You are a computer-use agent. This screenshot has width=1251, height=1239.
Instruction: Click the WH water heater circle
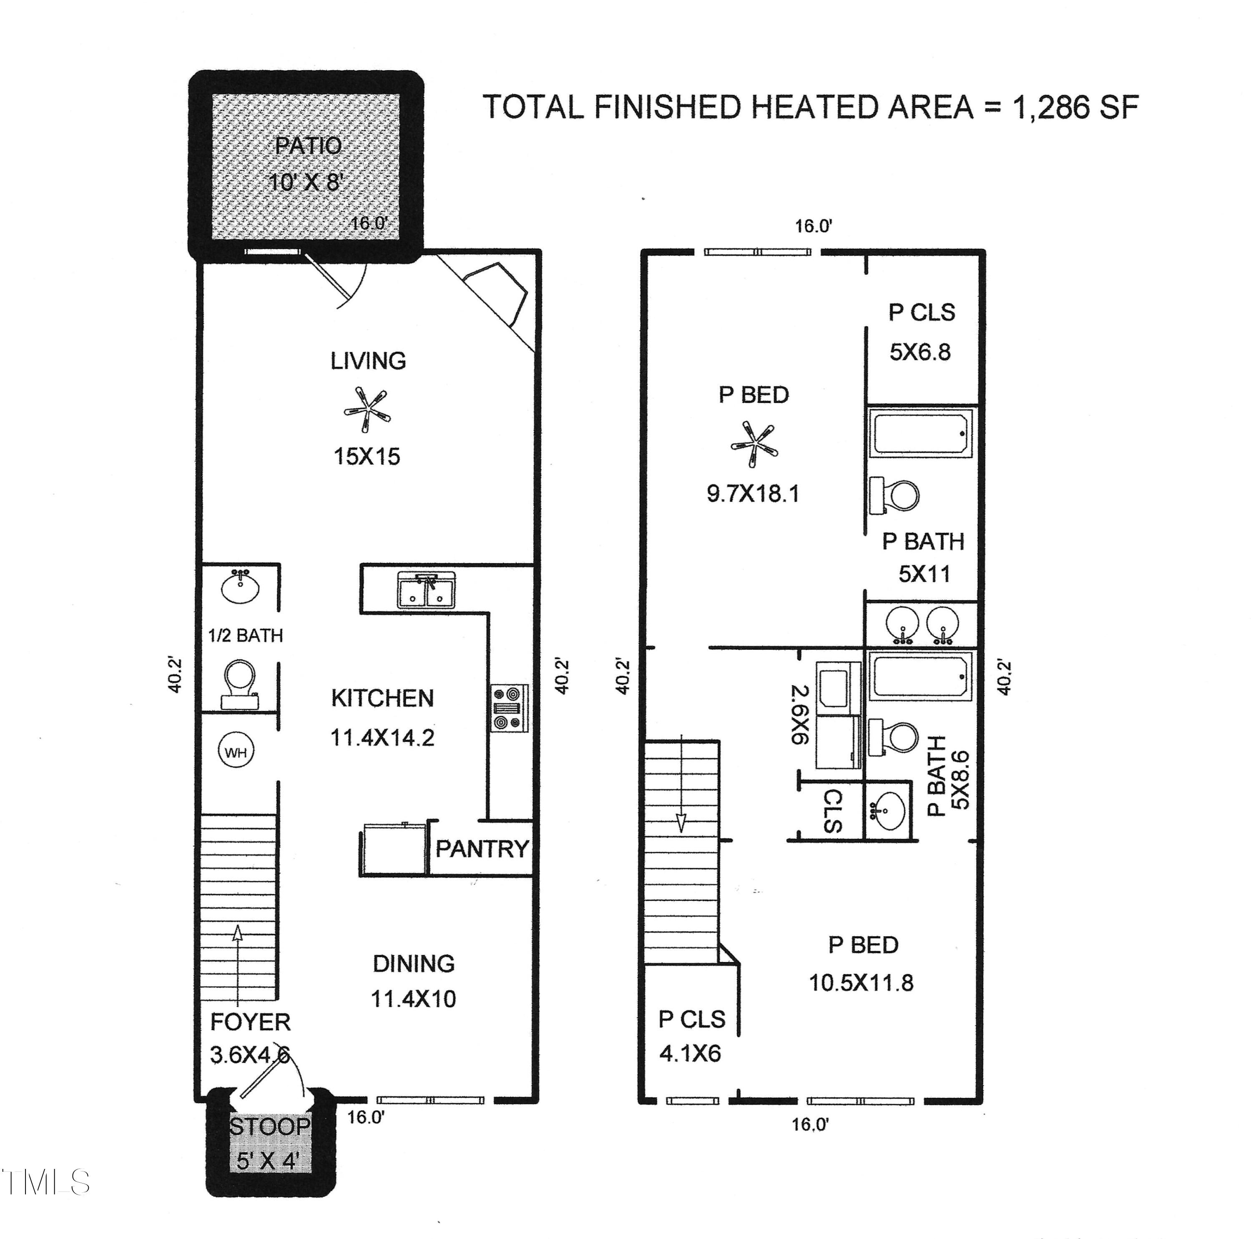click(x=236, y=752)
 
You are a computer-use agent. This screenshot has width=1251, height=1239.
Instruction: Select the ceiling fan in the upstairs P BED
click(x=754, y=444)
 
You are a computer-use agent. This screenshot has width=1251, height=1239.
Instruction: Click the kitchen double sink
click(x=426, y=590)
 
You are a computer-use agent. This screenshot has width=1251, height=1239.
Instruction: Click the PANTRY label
click(x=482, y=849)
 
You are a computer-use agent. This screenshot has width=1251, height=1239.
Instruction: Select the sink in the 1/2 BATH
click(x=240, y=587)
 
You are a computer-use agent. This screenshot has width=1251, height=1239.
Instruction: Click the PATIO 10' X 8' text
click(x=306, y=163)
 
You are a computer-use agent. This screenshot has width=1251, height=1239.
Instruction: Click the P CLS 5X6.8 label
click(x=921, y=332)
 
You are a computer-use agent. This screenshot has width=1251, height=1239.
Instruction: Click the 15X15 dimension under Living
click(x=367, y=457)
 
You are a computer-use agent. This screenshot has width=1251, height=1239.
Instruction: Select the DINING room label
click(x=413, y=963)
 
